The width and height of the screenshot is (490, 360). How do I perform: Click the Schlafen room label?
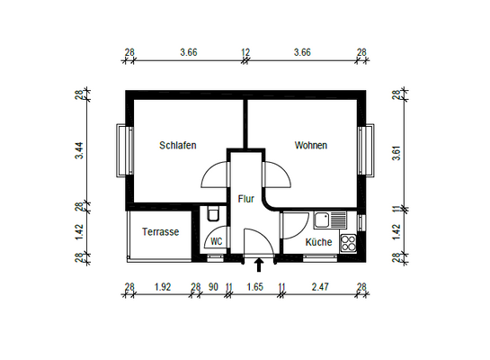pos(177,145)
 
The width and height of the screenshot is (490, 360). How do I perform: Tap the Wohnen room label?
pos(311,145)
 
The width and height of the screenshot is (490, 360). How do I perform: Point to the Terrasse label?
pos(161,231)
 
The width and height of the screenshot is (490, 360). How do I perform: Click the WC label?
pos(217,242)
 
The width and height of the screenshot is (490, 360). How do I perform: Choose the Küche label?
pos(317,242)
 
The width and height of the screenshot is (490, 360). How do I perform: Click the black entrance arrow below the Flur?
pos(260,265)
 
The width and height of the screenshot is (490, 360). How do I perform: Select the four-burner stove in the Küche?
pos(349,241)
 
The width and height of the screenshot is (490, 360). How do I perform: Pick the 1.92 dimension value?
pos(163,287)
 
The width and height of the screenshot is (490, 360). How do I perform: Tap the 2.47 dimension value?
pos(321,287)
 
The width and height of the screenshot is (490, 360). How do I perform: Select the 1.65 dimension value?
pos(254,287)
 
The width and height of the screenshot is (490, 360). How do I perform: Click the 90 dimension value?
pos(213,287)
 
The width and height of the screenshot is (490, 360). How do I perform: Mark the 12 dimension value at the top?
pos(245,53)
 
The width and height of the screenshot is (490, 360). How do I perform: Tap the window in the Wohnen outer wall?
pos(366,150)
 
